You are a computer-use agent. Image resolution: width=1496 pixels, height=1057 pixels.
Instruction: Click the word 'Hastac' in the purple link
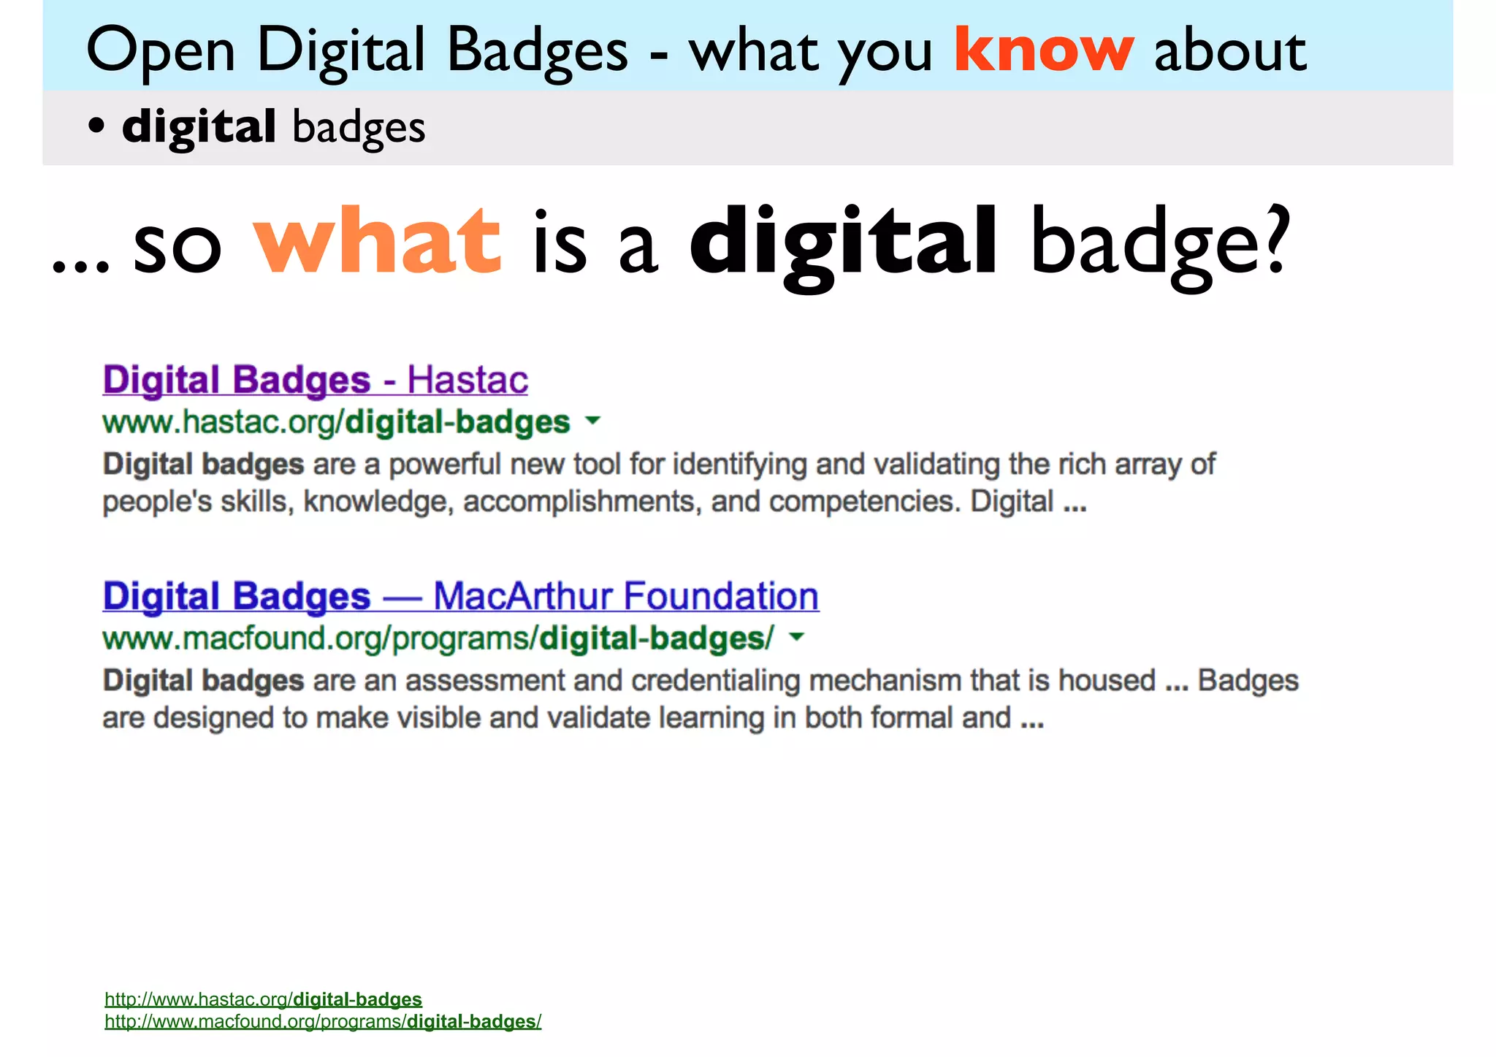click(x=467, y=380)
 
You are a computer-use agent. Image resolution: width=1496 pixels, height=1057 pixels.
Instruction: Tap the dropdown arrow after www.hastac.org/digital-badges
click(x=593, y=421)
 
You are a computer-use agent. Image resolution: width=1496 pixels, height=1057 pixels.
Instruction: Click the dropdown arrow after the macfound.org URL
click(x=798, y=637)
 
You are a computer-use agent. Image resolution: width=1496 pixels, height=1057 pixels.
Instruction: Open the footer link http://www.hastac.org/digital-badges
click(x=263, y=999)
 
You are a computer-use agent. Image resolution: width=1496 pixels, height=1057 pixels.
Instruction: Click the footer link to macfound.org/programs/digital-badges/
click(x=323, y=1021)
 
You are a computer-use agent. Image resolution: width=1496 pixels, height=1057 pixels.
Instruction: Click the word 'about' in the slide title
click(x=1230, y=51)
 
